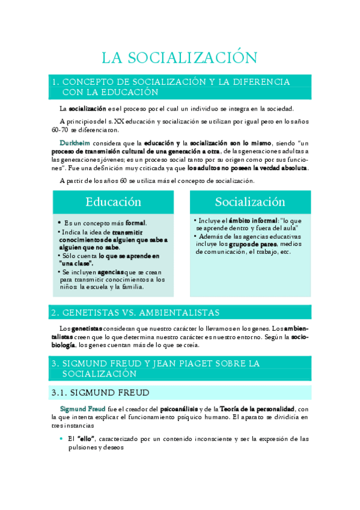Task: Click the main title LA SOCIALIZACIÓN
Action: tap(180, 58)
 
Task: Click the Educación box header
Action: tap(113, 201)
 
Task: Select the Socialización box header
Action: tap(250, 201)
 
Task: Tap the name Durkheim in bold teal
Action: tap(75, 143)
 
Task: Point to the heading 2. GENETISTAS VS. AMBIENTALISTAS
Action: tap(135, 313)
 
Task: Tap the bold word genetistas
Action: tap(87, 330)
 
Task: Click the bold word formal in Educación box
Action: tap(135, 223)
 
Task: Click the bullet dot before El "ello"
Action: tap(61, 439)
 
